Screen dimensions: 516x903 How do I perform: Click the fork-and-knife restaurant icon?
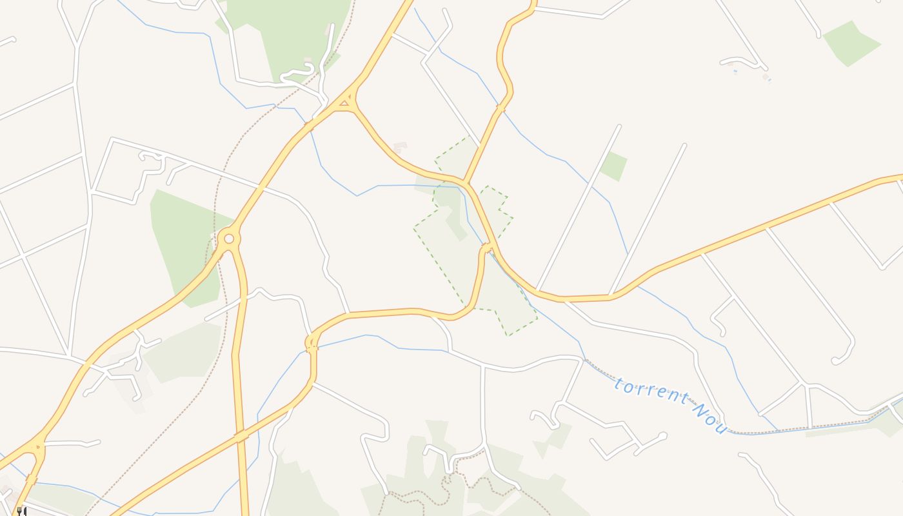tap(21, 511)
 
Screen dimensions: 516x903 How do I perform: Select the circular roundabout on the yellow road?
tap(228, 239)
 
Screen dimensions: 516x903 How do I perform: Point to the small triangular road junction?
tap(345, 103)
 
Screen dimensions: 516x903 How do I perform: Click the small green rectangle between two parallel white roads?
tap(613, 166)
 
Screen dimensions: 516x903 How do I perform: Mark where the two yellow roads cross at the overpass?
tap(241, 437)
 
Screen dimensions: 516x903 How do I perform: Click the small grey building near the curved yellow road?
tap(401, 147)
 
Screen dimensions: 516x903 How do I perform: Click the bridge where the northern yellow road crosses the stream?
tap(501, 108)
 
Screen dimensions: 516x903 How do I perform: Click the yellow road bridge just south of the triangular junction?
tap(310, 125)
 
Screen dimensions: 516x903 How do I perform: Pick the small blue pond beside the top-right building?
tap(735, 71)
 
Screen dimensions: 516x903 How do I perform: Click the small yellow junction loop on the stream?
tap(312, 343)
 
